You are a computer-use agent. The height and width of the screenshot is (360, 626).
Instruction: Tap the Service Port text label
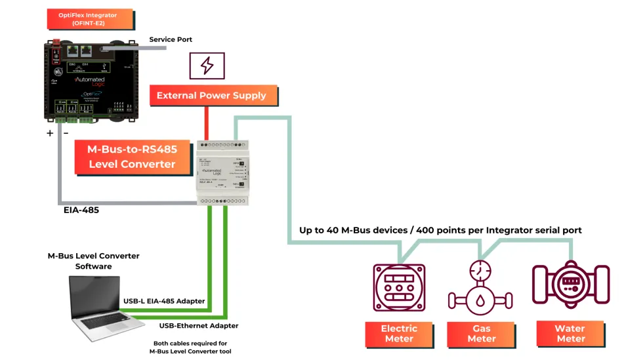171,39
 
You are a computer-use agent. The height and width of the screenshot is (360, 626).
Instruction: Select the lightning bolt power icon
207,66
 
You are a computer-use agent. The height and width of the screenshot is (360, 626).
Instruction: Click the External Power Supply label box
211,96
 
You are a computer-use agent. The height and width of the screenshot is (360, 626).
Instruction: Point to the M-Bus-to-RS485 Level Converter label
132,157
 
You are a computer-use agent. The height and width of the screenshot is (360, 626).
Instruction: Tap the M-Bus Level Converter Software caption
93,261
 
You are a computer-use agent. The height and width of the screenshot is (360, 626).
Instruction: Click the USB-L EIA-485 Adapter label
164,301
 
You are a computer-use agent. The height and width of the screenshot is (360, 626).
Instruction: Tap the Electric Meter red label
399,334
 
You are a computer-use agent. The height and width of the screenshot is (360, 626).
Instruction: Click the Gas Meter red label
481,334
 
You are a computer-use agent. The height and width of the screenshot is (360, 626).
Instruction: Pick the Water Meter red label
570,334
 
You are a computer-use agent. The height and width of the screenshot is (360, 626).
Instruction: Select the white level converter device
224,172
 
